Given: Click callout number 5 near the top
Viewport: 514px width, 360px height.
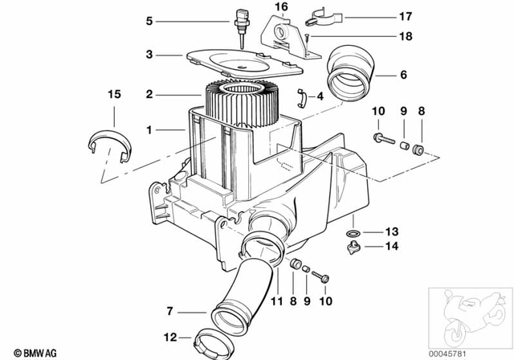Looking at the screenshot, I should pyautogui.click(x=149, y=21).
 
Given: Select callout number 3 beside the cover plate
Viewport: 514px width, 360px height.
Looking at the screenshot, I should pyautogui.click(x=149, y=55).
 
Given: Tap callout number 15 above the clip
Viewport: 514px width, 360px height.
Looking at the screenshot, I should pyautogui.click(x=114, y=95).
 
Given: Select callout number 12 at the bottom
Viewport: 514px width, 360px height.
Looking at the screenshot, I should pyautogui.click(x=169, y=337).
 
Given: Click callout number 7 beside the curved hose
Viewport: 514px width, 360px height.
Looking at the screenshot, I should pyautogui.click(x=169, y=311).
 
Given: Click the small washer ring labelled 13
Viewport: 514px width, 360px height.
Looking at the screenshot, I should pyautogui.click(x=353, y=234).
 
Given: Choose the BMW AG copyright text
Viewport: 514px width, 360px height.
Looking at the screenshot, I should pyautogui.click(x=24, y=352).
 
